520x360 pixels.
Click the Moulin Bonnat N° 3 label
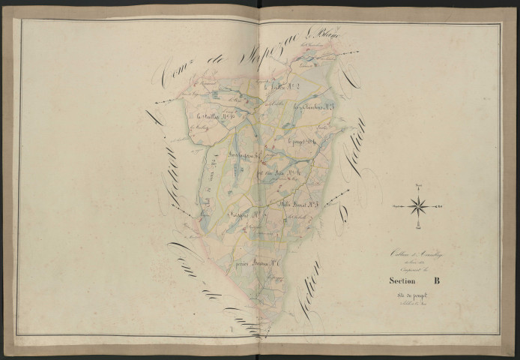[x=296, y=202]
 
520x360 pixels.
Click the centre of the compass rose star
[x=419, y=203]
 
